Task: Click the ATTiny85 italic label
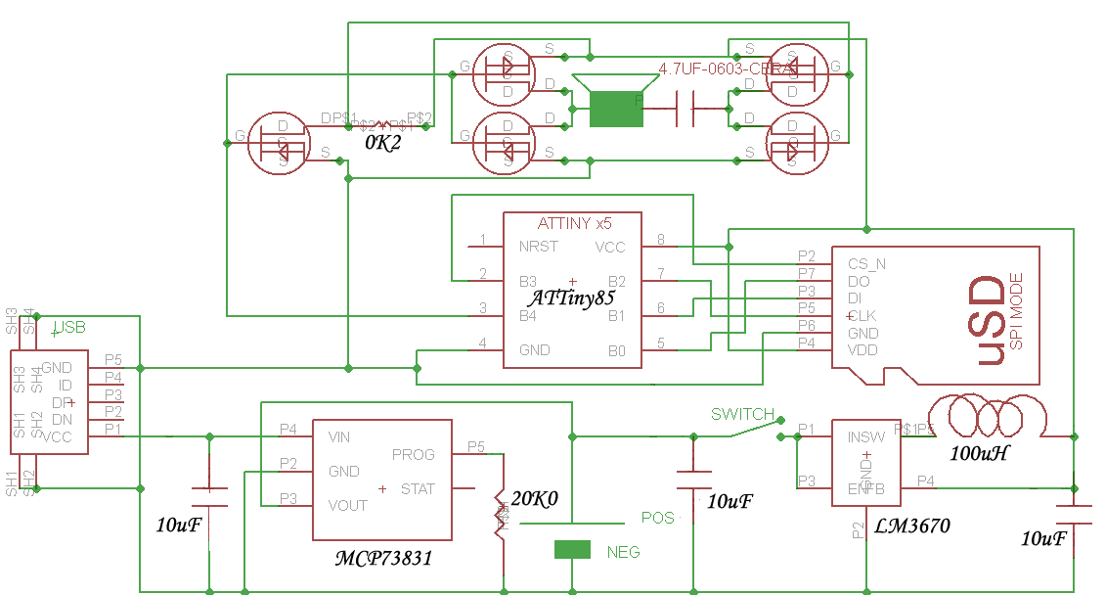572,297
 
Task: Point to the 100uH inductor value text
981,454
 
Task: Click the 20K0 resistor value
535,499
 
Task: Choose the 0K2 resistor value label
382,143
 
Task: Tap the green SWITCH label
742,414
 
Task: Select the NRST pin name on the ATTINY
539,247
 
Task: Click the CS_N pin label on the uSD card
866,263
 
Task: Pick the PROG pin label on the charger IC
413,454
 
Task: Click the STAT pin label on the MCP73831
418,488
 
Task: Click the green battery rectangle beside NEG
573,550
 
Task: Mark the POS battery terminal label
657,517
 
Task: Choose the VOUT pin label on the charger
348,505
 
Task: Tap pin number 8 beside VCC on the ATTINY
660,240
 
